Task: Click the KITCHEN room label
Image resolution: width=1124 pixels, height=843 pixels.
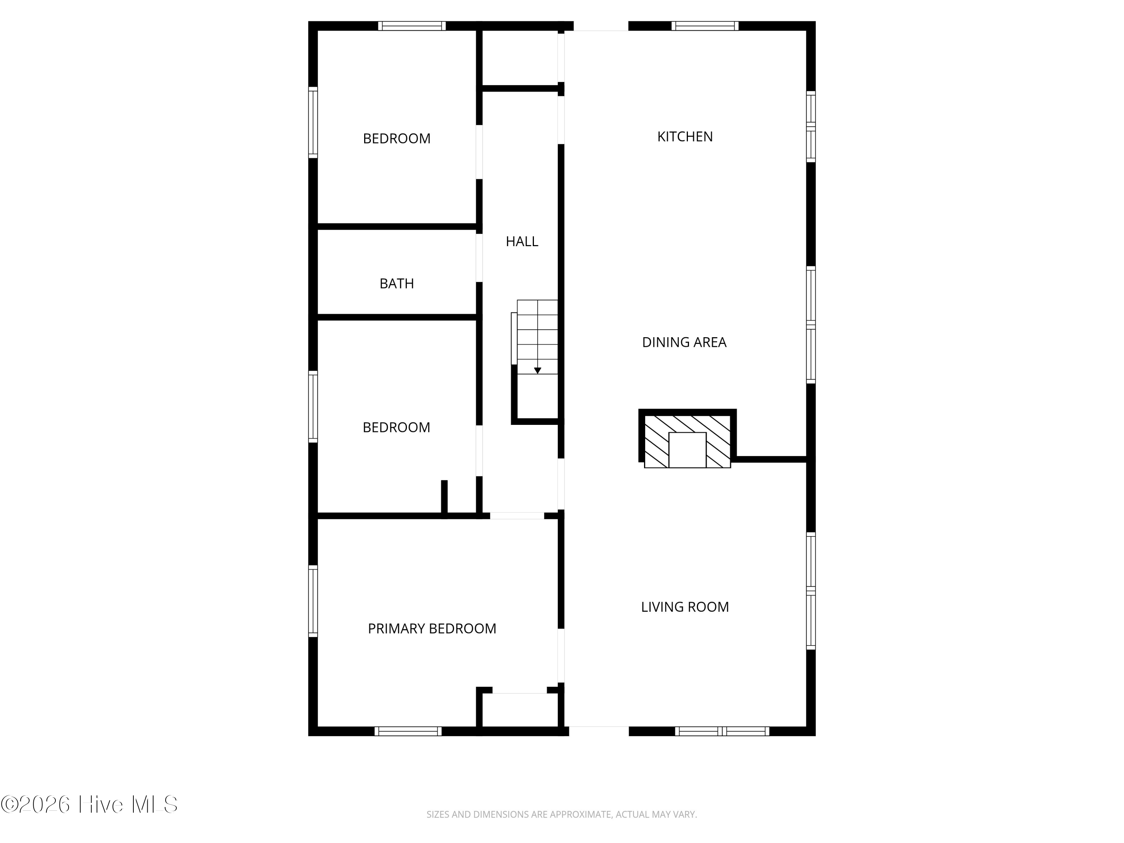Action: tap(685, 137)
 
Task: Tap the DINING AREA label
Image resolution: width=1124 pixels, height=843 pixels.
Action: tap(684, 342)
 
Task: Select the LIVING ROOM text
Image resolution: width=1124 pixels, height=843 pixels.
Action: tap(685, 607)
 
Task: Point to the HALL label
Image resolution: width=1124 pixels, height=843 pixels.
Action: tap(522, 241)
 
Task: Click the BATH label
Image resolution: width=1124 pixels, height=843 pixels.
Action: tap(396, 284)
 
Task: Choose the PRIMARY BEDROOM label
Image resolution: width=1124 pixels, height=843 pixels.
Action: tap(432, 629)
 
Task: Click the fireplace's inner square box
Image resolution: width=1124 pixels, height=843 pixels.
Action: tap(687, 450)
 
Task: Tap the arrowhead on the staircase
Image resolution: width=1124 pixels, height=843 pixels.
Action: tap(538, 371)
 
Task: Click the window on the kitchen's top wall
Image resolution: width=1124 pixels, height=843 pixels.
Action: tap(705, 26)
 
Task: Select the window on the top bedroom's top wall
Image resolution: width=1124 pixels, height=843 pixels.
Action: tap(412, 26)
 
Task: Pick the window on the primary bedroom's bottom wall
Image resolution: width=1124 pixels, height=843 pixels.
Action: tap(408, 731)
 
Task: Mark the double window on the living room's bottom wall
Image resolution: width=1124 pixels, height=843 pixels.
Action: tap(722, 731)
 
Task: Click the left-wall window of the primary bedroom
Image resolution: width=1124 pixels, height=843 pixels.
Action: tap(313, 601)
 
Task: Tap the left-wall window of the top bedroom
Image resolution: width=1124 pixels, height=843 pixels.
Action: tap(313, 123)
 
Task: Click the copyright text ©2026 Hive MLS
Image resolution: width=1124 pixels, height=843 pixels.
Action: tap(90, 804)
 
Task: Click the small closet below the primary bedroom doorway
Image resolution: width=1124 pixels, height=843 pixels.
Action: tap(520, 710)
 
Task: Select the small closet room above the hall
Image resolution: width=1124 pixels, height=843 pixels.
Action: tap(520, 57)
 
